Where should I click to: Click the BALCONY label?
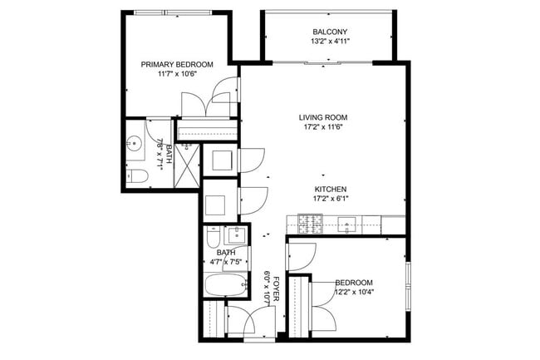[330, 32]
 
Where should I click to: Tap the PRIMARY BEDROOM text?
[177, 64]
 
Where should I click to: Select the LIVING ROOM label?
[323, 117]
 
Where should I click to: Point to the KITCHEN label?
[331, 189]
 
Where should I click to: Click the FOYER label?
[276, 288]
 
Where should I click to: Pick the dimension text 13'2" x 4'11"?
[330, 42]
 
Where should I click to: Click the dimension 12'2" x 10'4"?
[355, 292]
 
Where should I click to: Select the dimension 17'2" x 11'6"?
[323, 126]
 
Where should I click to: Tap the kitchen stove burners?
[310, 224]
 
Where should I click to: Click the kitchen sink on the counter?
[346, 225]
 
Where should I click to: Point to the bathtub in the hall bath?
[226, 285]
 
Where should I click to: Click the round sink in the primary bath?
[134, 142]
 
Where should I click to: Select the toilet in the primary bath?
[137, 176]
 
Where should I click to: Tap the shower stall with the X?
[187, 165]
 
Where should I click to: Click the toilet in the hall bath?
[214, 236]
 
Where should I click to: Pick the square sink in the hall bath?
[236, 235]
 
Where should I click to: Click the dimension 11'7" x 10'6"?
[177, 74]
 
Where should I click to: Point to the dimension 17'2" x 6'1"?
[331, 199]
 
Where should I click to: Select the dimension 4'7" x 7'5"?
[226, 262]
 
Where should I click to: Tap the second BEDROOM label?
[355, 283]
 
